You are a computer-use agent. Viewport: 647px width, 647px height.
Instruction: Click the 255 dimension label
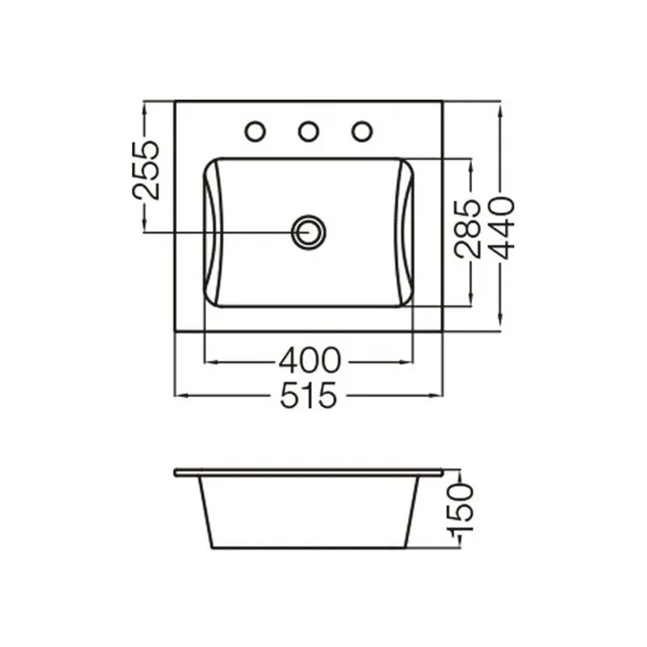click(146, 170)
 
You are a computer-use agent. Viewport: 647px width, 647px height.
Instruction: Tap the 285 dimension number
click(467, 229)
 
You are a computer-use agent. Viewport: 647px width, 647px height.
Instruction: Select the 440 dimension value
click(501, 228)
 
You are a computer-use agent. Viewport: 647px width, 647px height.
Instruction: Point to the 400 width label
click(310, 361)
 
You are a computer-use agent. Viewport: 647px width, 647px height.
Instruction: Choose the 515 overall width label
click(309, 395)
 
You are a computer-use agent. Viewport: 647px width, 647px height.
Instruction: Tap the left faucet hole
click(255, 132)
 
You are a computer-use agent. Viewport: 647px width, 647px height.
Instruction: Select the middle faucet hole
click(309, 132)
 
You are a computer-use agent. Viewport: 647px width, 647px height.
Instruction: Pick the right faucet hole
click(362, 132)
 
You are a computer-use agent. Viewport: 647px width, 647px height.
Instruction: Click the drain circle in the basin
click(309, 232)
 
